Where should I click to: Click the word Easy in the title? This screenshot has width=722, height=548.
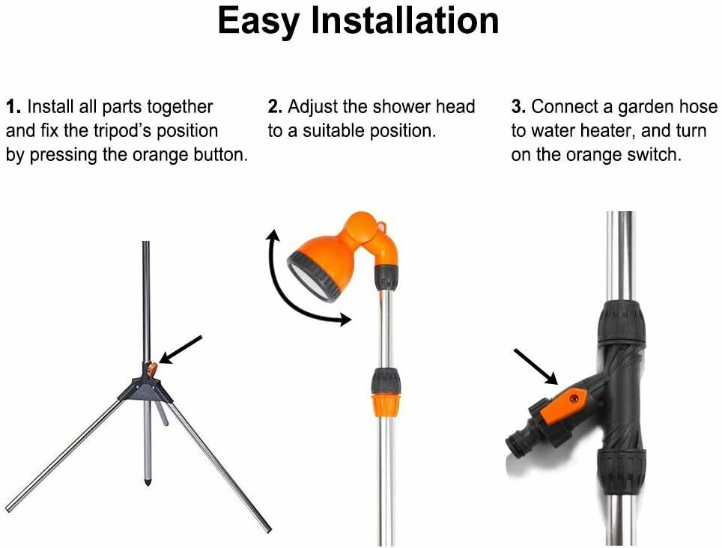click(259, 22)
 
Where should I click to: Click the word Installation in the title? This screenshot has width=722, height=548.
click(405, 20)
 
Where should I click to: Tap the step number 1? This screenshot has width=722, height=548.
click(13, 107)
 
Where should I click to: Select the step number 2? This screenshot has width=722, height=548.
click(275, 107)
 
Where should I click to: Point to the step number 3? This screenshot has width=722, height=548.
click(518, 107)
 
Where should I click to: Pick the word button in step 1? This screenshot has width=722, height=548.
click(220, 155)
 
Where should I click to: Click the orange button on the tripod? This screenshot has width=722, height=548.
click(152, 369)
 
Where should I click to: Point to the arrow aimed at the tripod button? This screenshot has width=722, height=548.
click(180, 350)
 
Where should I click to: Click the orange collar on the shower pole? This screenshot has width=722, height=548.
click(386, 404)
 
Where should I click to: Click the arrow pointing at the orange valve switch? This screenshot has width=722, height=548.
click(536, 367)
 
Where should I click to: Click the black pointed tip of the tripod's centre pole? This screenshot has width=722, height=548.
click(147, 481)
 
